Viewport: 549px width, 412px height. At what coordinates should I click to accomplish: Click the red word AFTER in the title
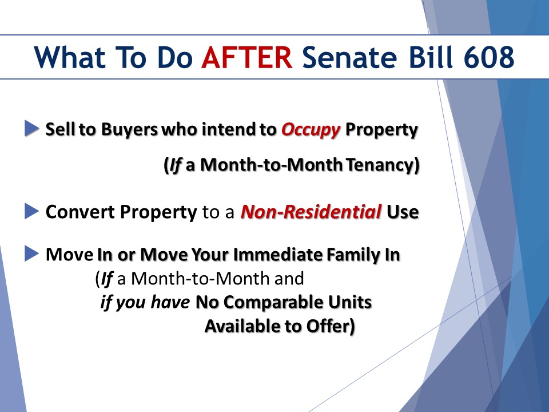(247, 57)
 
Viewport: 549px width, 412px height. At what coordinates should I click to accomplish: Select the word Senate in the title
(349, 57)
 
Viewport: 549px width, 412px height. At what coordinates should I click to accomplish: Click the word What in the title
(70, 57)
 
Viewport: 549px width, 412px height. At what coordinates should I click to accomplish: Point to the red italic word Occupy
(311, 130)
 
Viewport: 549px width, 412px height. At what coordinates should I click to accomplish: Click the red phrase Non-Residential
(311, 212)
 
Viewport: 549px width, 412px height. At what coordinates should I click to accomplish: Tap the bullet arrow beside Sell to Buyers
(31, 128)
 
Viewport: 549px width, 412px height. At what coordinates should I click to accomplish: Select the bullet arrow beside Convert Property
(31, 211)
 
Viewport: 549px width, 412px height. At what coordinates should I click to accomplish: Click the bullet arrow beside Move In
(31, 253)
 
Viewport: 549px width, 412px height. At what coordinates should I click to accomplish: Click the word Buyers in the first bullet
(130, 130)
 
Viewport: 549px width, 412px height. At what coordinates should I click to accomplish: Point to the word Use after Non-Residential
(403, 212)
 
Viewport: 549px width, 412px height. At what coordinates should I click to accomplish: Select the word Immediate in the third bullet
(278, 254)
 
